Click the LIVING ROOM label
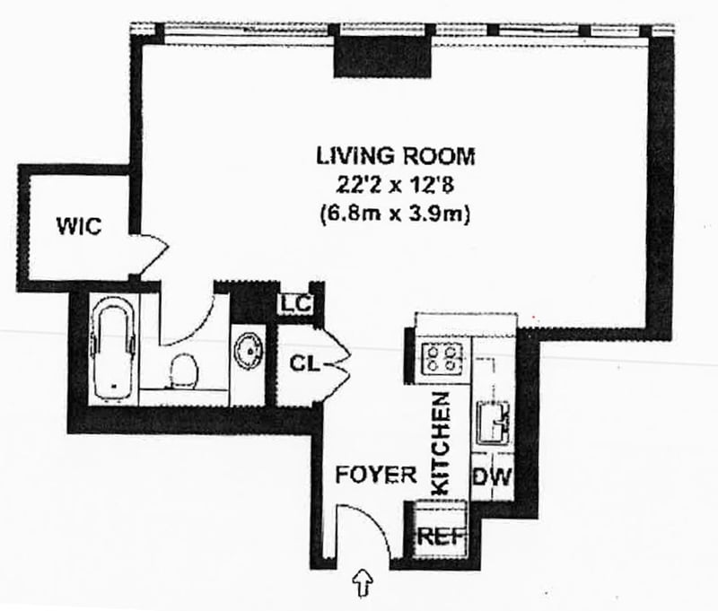[394, 155]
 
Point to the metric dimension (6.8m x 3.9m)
[394, 214]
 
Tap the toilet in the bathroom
[184, 371]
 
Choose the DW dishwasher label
[492, 476]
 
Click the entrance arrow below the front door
[364, 584]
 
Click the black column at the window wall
[385, 59]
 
